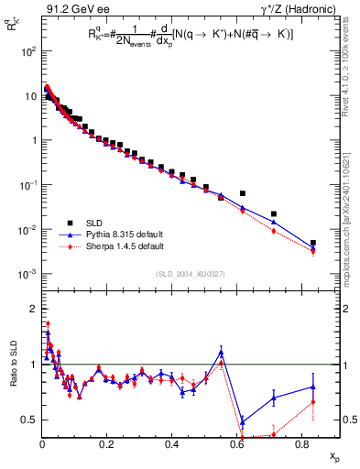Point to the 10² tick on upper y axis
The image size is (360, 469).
tap(28, 51)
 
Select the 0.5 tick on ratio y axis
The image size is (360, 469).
tap(30, 420)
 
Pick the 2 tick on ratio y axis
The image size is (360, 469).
tap(34, 308)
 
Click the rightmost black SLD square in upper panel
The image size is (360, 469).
tap(313, 243)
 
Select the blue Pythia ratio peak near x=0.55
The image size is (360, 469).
tap(221, 352)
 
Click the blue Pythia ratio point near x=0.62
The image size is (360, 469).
tap(242, 422)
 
